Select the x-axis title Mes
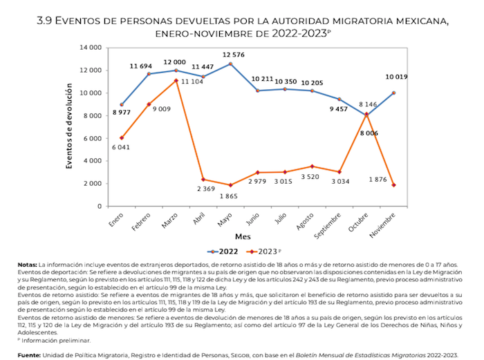click(x=257, y=236)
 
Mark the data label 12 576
click(x=234, y=55)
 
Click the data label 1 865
click(x=234, y=197)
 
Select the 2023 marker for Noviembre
click(x=393, y=185)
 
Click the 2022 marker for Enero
click(x=122, y=104)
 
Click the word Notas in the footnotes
click(x=28, y=265)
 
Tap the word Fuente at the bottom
click(x=30, y=355)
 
